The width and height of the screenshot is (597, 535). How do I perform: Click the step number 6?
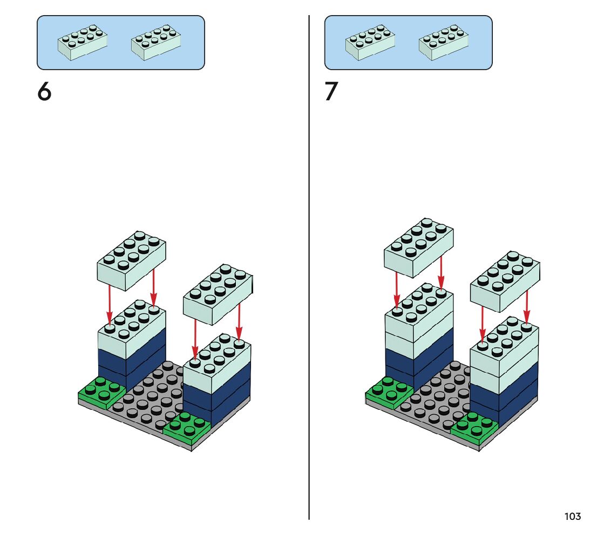(44, 92)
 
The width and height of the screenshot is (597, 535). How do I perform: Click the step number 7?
(331, 92)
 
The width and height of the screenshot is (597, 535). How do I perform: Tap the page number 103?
(572, 517)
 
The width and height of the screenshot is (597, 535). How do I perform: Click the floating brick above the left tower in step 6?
(131, 258)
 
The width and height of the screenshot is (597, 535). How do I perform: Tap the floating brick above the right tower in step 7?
(505, 280)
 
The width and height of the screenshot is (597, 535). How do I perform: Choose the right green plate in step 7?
(474, 426)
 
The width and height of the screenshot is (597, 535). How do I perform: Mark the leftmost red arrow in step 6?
(110, 305)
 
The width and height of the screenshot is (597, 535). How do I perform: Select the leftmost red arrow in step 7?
(397, 291)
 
